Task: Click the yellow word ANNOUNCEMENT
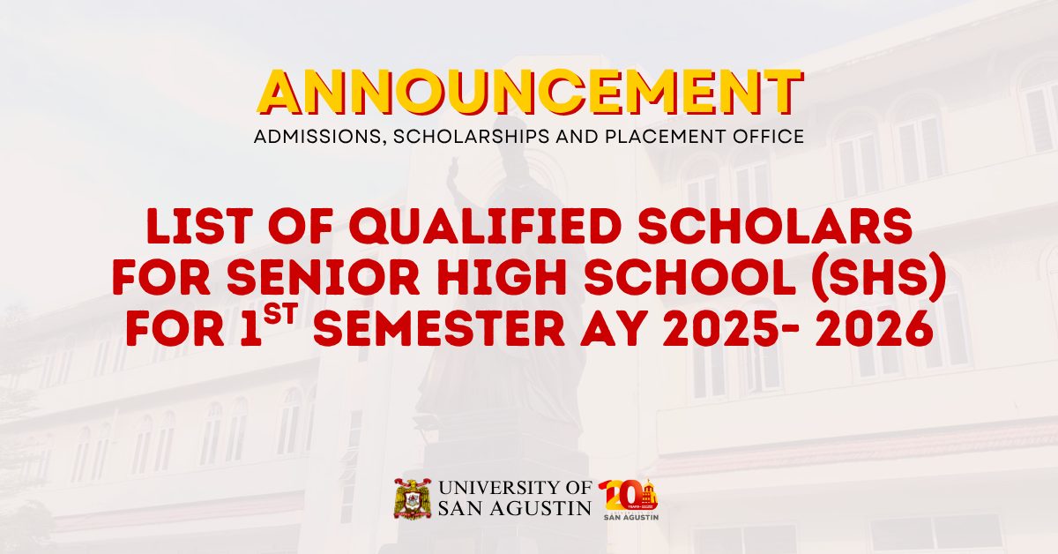click(x=529, y=92)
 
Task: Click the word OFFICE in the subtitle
click(x=768, y=138)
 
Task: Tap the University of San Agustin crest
click(x=412, y=499)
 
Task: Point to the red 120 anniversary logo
click(x=629, y=499)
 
